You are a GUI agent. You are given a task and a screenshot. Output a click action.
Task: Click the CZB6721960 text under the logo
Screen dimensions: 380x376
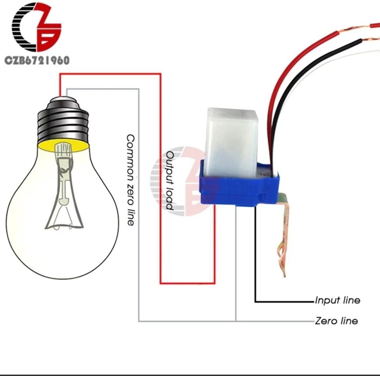click(37, 60)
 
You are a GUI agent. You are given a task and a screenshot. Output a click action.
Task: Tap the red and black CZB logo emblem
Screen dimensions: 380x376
click(36, 27)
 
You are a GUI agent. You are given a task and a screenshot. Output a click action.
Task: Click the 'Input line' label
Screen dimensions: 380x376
click(337, 300)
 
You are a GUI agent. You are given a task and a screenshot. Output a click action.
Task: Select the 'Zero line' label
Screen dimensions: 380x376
click(336, 321)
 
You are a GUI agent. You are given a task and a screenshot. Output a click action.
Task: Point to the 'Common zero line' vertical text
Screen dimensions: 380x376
click(131, 180)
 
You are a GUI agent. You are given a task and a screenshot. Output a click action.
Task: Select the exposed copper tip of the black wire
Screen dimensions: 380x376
click(371, 39)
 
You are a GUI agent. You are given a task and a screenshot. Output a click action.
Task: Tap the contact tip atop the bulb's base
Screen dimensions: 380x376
click(63, 99)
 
